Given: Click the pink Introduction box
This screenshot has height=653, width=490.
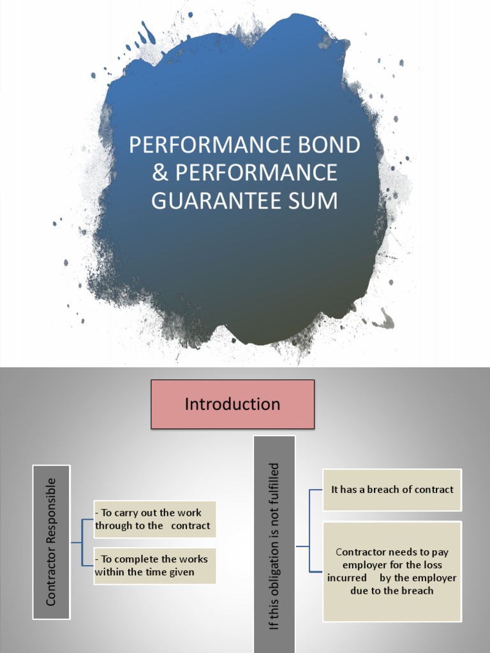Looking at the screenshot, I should coord(232,404).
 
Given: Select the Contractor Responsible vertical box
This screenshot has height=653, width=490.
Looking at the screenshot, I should coord(51,541).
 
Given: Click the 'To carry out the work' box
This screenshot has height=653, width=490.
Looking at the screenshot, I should coord(154,520).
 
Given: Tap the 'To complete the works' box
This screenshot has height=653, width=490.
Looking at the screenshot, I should coord(154,566).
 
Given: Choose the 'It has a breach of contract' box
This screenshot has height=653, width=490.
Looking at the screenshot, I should coord(392,490).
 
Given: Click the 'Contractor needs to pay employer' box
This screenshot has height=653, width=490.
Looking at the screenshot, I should coord(392,571).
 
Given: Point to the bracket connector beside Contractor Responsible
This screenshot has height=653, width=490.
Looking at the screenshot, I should coord(82,543).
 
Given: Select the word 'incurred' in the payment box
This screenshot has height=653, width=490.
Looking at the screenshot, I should coord(347,578).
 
